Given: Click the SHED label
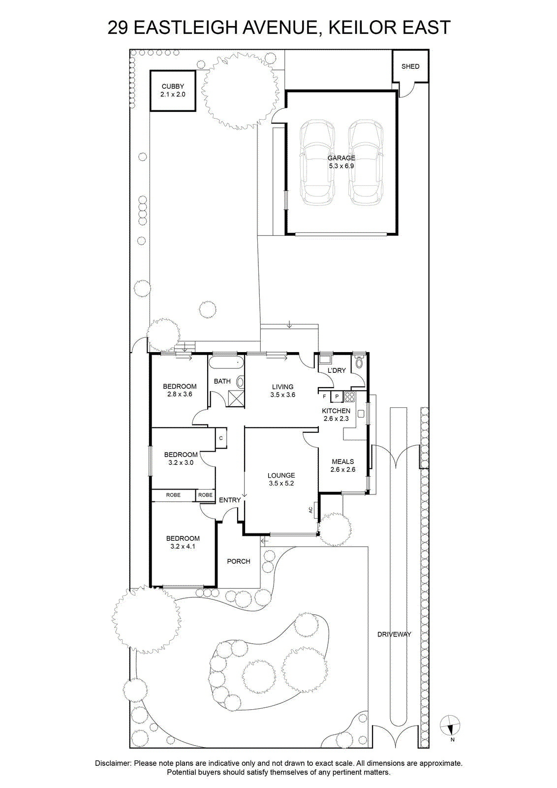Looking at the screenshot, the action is click(410, 66).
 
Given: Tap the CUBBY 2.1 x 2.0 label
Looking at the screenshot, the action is click(173, 90).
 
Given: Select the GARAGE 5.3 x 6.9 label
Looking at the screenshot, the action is click(341, 162).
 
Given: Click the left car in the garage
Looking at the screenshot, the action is click(317, 162).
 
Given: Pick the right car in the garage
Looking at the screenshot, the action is click(366, 162).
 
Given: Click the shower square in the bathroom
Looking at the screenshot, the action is click(234, 397).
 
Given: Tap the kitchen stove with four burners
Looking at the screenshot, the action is click(350, 397).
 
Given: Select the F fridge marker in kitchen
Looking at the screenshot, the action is click(324, 396).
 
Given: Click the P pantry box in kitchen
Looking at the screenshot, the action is click(337, 396).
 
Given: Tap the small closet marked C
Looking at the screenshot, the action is click(221, 438).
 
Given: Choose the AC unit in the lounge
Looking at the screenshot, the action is click(312, 510).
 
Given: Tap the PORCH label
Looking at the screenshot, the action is click(239, 561).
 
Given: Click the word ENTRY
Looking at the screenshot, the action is click(230, 500).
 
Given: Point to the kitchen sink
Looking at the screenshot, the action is click(361, 413).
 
